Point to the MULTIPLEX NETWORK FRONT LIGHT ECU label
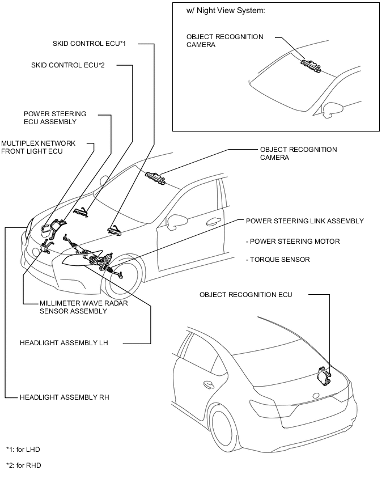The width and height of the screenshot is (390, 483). (x=38, y=147)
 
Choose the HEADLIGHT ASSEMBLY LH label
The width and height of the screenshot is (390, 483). (x=64, y=343)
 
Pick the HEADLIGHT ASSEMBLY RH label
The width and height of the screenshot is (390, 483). (x=64, y=397)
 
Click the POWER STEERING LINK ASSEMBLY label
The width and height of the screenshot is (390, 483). (x=304, y=221)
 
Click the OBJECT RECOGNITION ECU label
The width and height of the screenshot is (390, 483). (x=245, y=294)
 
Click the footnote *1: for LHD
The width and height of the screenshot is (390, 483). (x=23, y=449)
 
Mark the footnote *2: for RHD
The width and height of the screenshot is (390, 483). (x=23, y=465)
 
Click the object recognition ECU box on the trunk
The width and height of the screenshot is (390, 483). (x=324, y=375)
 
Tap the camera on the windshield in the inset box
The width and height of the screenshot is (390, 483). (x=310, y=65)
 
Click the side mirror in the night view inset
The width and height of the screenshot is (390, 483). (x=332, y=108)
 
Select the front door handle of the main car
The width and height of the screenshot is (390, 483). (x=214, y=222)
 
